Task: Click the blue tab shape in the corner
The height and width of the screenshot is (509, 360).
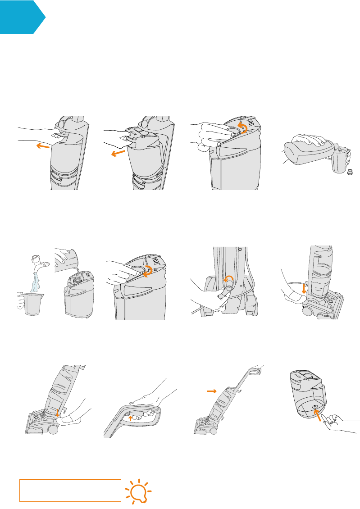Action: tap(20, 17)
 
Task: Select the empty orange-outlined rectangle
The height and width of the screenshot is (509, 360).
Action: tap(70, 491)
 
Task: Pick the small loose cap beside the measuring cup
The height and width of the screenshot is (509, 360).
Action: tap(350, 173)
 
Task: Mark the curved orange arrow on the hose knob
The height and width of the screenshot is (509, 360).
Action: tap(229, 281)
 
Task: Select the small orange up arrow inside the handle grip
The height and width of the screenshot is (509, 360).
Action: tap(131, 418)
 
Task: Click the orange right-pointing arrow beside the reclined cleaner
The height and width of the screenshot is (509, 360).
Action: tap(211, 392)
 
